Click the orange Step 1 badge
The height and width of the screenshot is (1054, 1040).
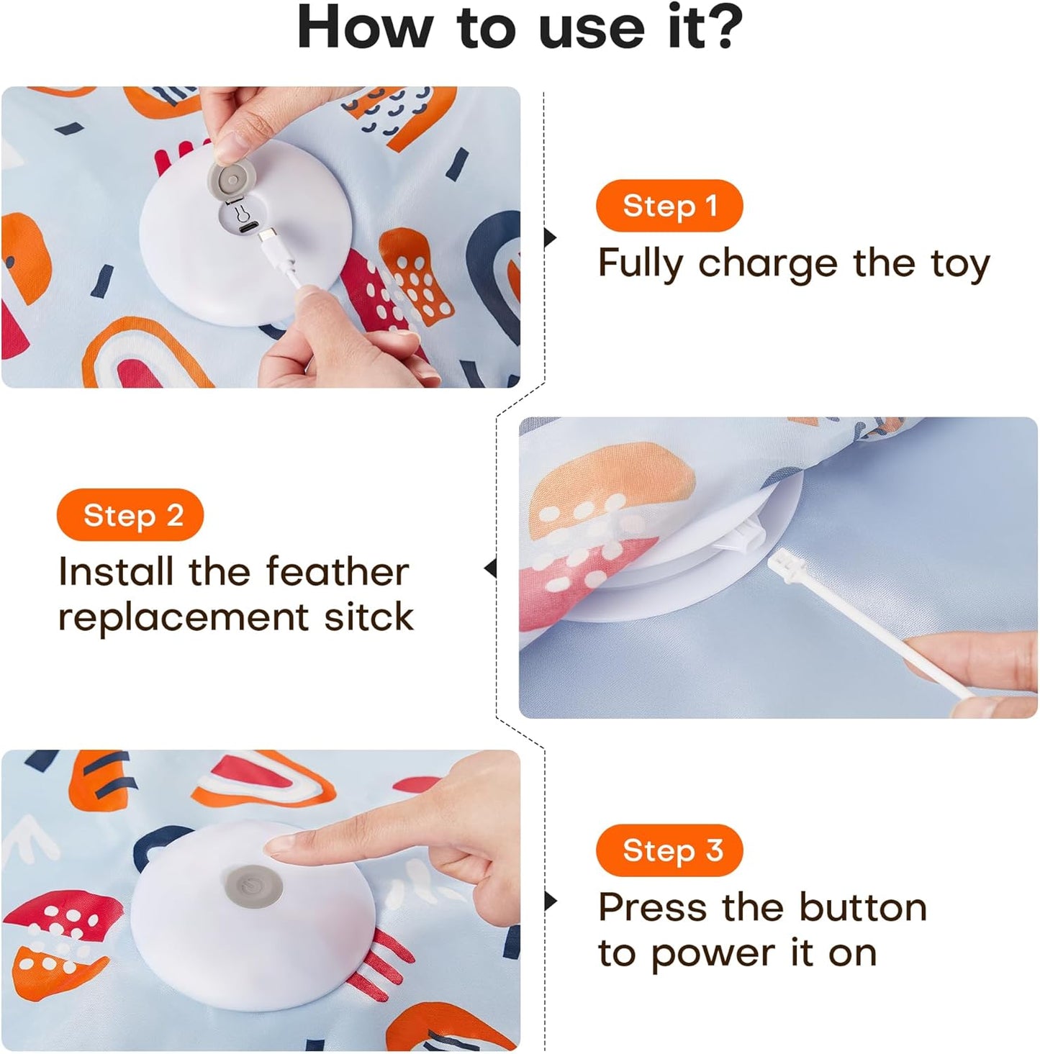(x=669, y=206)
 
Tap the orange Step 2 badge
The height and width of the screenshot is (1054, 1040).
(x=130, y=515)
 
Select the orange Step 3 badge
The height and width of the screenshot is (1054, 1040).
(x=669, y=850)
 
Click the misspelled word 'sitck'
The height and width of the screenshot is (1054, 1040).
(x=368, y=617)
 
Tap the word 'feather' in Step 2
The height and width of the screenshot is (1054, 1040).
(x=337, y=572)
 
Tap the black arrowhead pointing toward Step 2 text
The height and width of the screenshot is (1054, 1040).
(x=491, y=568)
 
